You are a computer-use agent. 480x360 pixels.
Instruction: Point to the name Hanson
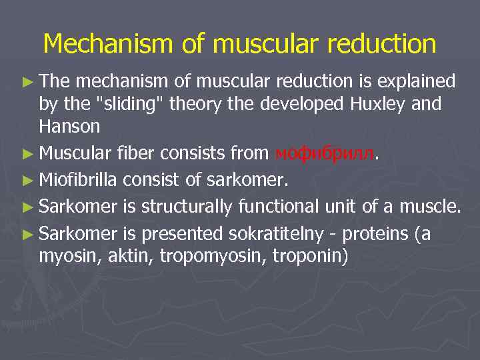pos(69,125)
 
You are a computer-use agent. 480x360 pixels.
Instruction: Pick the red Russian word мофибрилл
pos(325,154)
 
